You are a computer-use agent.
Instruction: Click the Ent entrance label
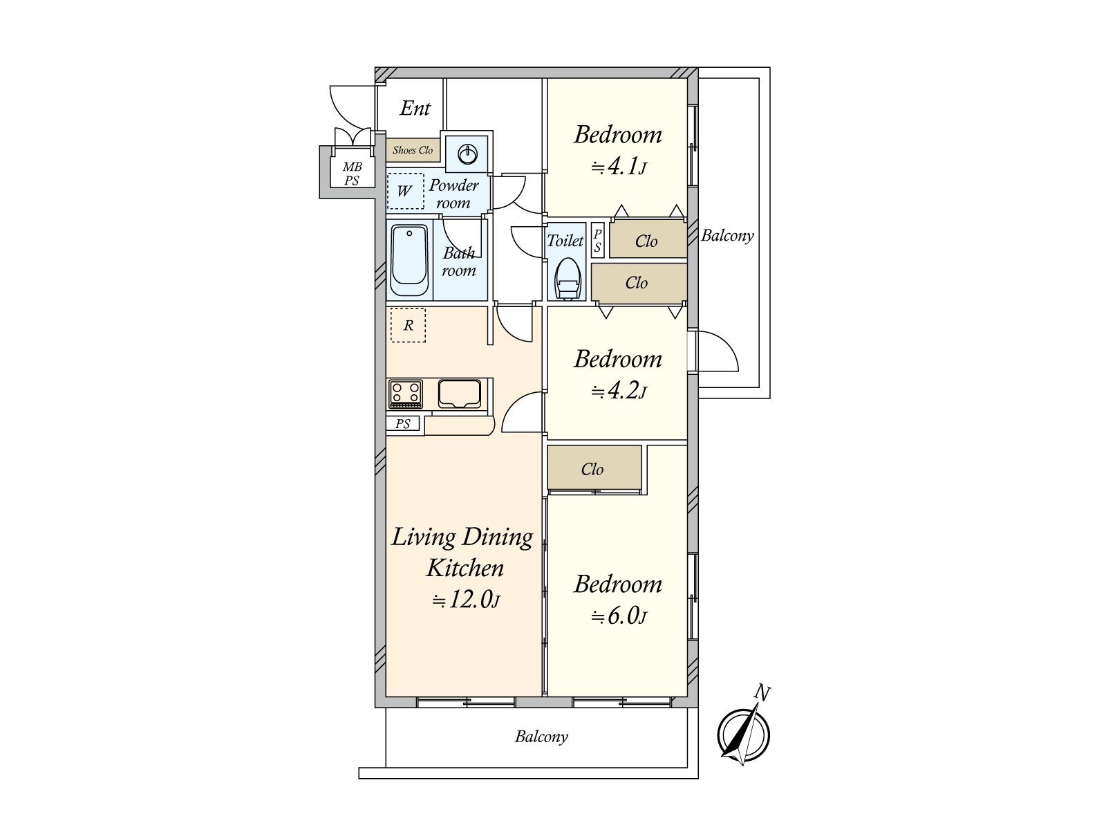pyautogui.click(x=415, y=108)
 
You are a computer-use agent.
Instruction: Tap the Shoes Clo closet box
pyautogui.click(x=413, y=150)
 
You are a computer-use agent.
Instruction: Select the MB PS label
pyautogui.click(x=352, y=174)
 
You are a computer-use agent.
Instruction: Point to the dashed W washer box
pyautogui.click(x=405, y=191)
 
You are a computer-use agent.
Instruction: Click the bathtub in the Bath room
pyautogui.click(x=409, y=261)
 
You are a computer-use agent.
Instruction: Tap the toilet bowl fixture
pyautogui.click(x=567, y=279)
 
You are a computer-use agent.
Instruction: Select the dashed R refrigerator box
pyautogui.click(x=408, y=325)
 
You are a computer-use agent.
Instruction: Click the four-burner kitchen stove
pyautogui.click(x=406, y=394)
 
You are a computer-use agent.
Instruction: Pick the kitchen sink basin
pyautogui.click(x=459, y=394)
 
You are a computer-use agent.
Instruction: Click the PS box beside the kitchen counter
pyautogui.click(x=402, y=423)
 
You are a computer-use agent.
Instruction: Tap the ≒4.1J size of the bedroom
pyautogui.click(x=618, y=166)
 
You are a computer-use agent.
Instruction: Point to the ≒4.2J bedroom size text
pyautogui.click(x=619, y=391)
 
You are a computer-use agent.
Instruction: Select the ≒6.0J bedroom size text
pyautogui.click(x=618, y=616)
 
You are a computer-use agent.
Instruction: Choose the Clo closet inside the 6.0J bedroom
pyautogui.click(x=594, y=468)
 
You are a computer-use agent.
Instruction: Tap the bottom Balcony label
pyautogui.click(x=541, y=737)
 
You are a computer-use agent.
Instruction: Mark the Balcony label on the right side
pyautogui.click(x=727, y=235)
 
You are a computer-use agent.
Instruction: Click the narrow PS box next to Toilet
pyautogui.click(x=598, y=241)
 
